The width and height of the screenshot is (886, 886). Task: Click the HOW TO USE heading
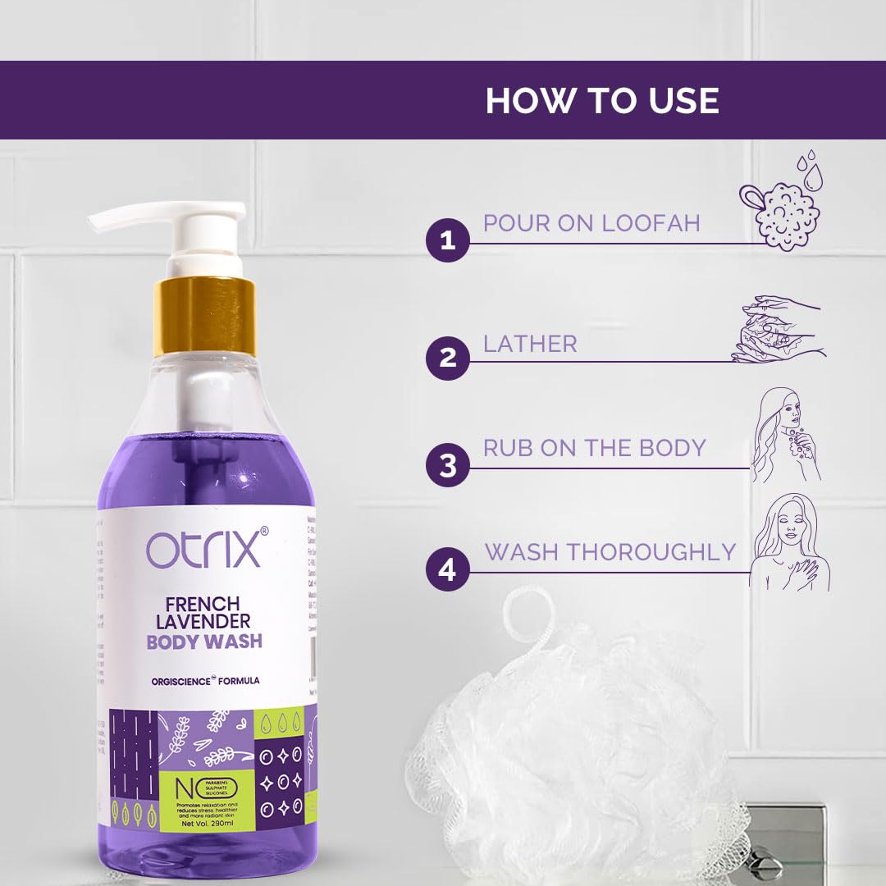602,100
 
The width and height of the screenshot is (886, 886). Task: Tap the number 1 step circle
447,241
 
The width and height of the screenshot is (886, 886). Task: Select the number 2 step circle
447,359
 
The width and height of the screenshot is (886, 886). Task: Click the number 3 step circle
447,466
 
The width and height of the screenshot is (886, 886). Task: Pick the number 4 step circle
447,569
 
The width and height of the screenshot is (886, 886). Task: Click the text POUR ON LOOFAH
591,223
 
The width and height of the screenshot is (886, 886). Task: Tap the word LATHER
530,344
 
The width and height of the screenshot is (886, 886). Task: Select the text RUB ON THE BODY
594,448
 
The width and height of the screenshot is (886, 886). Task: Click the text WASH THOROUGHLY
610,552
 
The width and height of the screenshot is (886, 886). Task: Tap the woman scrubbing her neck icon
788,435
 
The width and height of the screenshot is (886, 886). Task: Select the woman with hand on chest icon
789,541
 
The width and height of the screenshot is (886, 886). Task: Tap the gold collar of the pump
204,316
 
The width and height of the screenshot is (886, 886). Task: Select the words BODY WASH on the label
204,641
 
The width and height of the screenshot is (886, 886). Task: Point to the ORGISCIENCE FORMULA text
204,680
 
